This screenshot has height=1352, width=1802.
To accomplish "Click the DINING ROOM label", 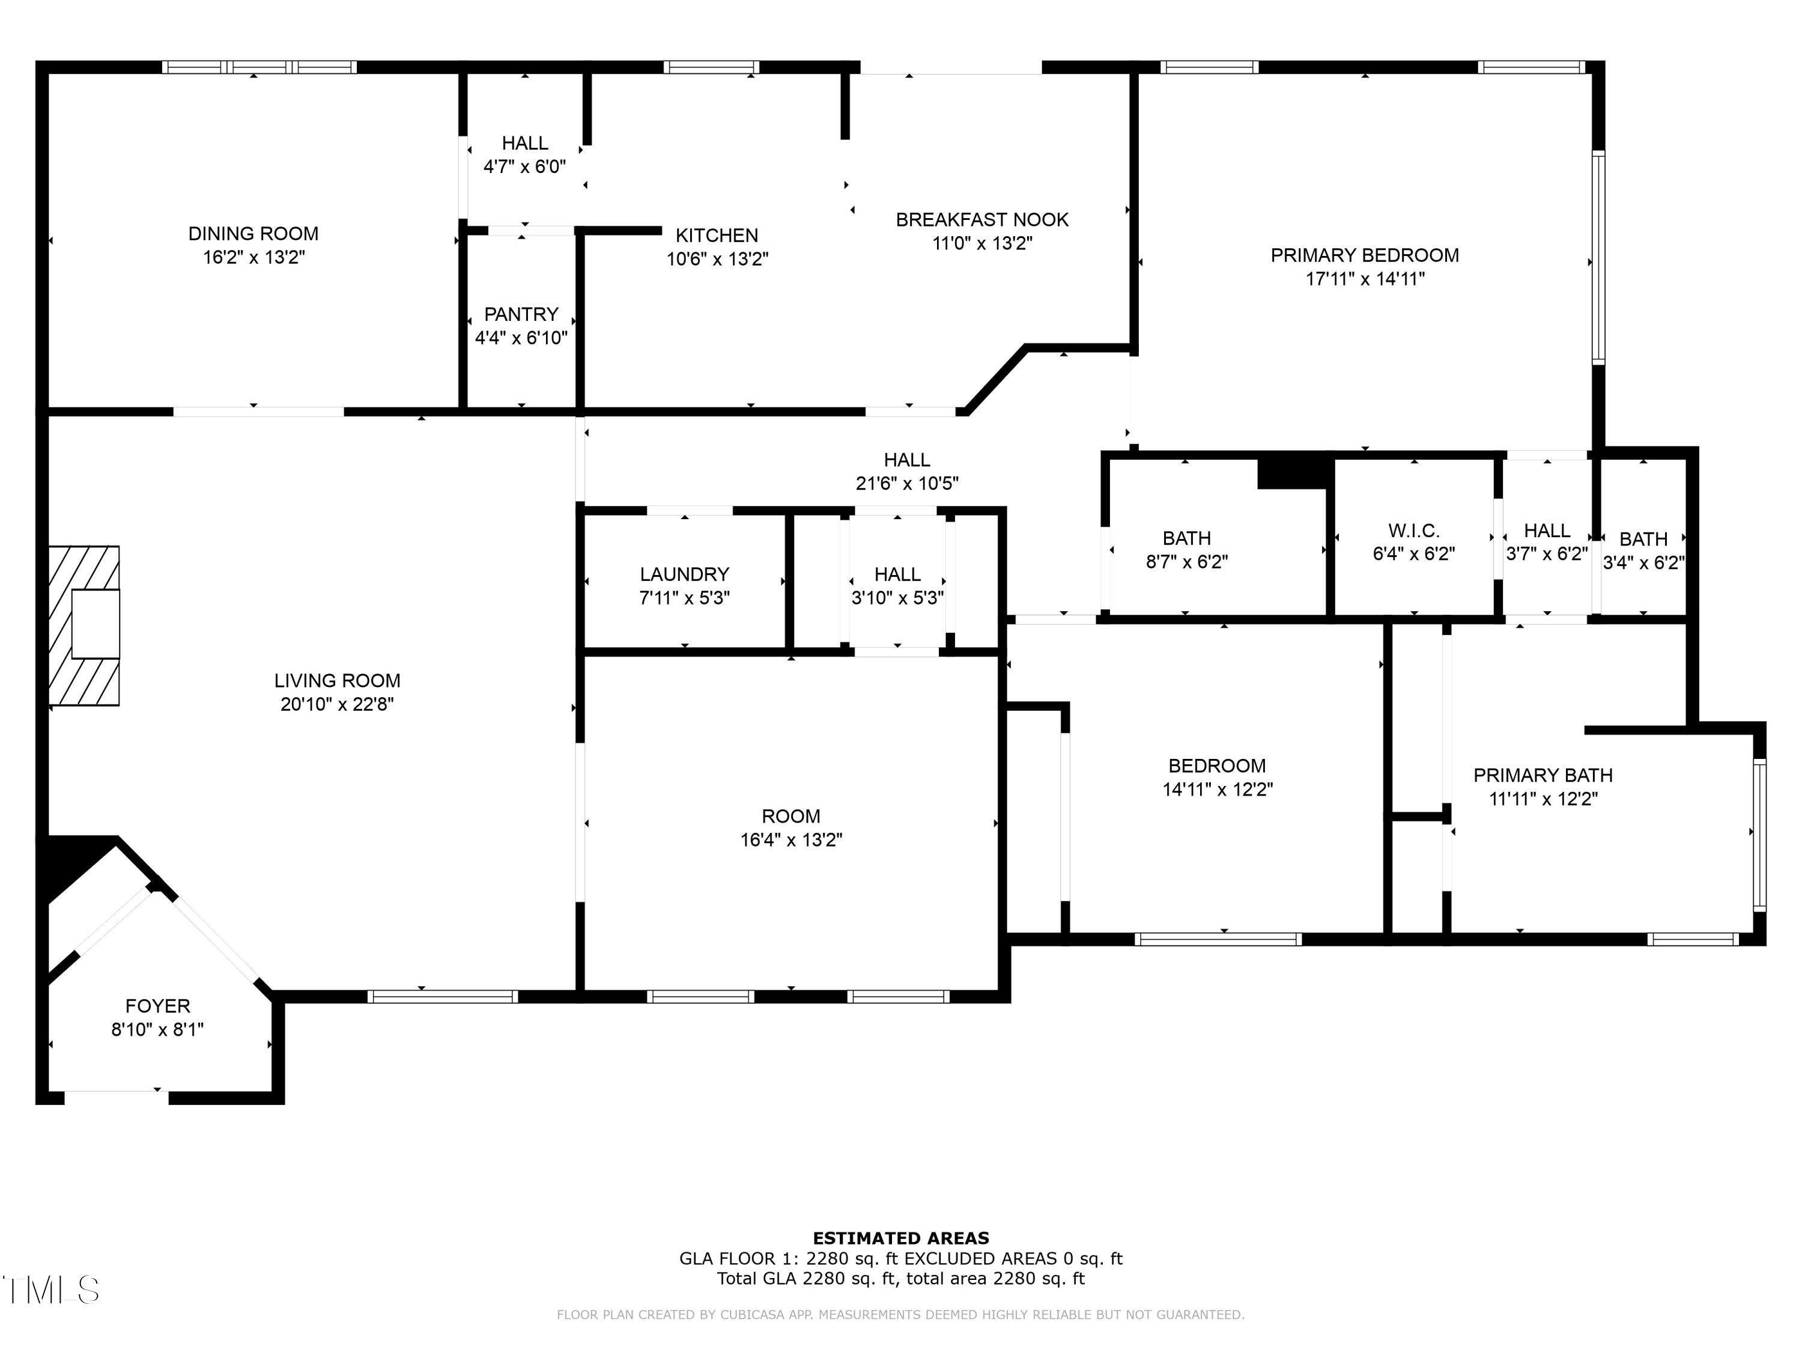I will coord(253,234).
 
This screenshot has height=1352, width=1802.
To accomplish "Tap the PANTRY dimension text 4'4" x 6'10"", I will coord(521,337).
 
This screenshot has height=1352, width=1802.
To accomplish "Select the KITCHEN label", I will coord(717,236).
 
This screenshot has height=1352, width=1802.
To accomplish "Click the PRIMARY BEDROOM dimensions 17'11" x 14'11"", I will coord(1365,279).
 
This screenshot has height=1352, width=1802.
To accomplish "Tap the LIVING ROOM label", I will coord(337,680).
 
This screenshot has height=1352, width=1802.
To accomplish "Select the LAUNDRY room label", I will coord(684,574).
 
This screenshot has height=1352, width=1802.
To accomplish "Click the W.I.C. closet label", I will coord(1413,531).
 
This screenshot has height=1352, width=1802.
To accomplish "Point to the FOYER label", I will coord(157,1006).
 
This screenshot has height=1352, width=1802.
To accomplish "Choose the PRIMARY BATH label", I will coord(1543,775).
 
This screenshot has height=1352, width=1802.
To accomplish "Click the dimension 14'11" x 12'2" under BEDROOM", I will coord(1217,789).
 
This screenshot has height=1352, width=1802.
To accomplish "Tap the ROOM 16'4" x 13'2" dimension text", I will coord(791,839).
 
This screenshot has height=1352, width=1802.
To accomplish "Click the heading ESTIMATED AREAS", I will coord(901,1238).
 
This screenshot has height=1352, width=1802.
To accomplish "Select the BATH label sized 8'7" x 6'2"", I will coord(1186,538).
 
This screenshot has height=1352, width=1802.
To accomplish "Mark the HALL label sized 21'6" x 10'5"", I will coord(906,460).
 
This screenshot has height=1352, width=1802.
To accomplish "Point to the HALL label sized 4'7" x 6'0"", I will coord(524,144).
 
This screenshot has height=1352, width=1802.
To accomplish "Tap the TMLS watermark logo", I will coord(50,1290).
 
